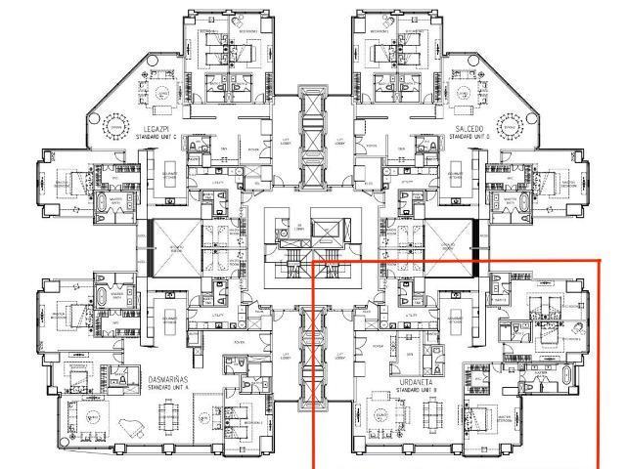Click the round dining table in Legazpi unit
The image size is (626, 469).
117,126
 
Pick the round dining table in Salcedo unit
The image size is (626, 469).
508,126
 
